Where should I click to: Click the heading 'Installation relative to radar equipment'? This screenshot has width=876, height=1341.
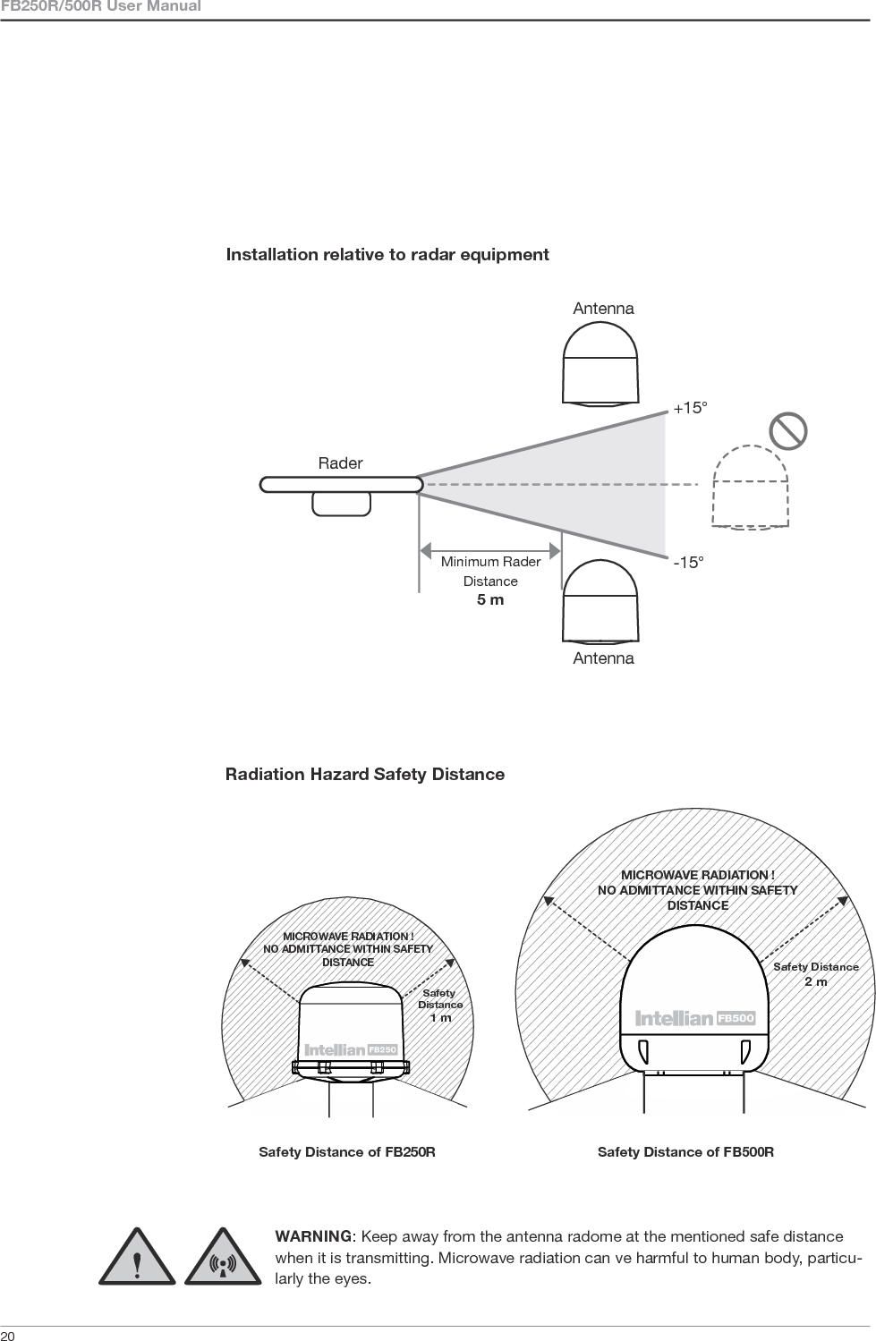pos(387,255)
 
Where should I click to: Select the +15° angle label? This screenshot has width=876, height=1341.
pos(690,408)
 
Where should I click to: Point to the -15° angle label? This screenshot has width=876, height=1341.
pos(688,563)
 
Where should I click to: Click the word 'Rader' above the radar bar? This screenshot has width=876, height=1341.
pos(340,463)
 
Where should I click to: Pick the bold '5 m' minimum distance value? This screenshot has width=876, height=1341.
pos(490,599)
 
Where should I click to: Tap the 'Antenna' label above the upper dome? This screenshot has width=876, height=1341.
pos(603,309)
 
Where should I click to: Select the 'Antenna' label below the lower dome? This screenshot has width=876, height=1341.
pos(603,658)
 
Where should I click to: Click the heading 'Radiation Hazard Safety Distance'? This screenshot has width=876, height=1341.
pos(365,774)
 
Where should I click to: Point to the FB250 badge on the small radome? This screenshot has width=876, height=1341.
pos(382,1048)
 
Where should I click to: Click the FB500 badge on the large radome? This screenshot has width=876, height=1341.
pos(736,1018)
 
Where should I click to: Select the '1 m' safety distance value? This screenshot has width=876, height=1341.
pos(440,1017)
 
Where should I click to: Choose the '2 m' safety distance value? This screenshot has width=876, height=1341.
pos(815,981)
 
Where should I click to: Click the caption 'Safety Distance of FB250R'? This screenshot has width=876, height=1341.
pos(347,1152)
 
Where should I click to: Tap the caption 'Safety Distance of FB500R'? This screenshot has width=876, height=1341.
pos(685,1152)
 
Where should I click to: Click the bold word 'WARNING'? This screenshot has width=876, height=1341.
pos(313,1236)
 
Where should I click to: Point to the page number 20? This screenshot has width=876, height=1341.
pos(7,1335)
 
